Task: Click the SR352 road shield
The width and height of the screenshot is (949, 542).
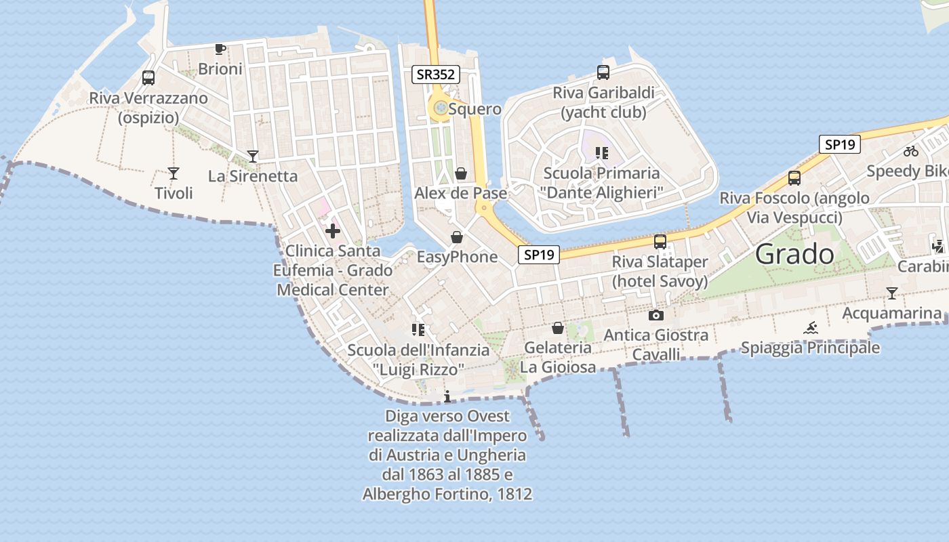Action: [x=437, y=75]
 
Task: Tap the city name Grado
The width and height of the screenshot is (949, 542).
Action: [x=794, y=254]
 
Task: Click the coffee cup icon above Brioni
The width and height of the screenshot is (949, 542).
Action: [x=220, y=49]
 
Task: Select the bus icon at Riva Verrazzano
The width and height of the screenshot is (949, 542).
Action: [x=148, y=78]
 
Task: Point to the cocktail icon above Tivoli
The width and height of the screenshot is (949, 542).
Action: [x=174, y=173]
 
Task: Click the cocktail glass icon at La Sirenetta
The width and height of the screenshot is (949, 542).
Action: [x=253, y=157]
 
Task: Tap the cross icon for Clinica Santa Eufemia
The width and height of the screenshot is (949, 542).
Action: [x=333, y=231]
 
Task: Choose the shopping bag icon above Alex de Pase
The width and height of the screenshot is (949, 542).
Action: [x=461, y=173]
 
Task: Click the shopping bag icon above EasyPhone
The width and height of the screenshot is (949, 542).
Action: [x=457, y=237]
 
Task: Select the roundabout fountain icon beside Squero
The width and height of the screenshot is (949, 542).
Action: [x=441, y=108]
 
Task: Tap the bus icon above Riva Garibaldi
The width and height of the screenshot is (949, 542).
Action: [x=603, y=72]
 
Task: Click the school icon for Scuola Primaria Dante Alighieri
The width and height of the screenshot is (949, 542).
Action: [x=601, y=153]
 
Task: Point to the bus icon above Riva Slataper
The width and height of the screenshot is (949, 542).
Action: [x=660, y=242]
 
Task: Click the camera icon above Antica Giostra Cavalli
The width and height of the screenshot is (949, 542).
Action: [x=655, y=315]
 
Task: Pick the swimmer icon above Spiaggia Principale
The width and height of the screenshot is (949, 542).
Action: [x=811, y=329]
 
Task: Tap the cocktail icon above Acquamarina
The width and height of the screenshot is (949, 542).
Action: [x=892, y=293]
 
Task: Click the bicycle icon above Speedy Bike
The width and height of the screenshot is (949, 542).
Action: [x=911, y=151]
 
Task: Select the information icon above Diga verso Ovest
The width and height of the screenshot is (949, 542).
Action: [x=447, y=397]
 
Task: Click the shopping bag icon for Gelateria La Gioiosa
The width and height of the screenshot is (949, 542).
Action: [x=557, y=328]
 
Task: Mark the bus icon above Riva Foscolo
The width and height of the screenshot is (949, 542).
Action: [x=794, y=178]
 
